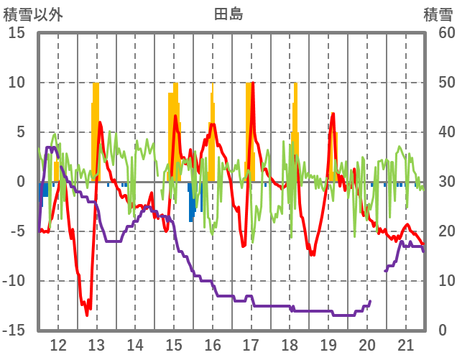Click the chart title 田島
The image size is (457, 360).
(x=228, y=14)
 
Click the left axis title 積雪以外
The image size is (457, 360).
(x=33, y=14)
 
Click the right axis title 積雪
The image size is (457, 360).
(x=438, y=14)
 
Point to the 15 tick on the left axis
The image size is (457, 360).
(x=17, y=33)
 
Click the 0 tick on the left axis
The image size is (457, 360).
(x=21, y=182)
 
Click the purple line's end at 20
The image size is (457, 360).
(x=370, y=301)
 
